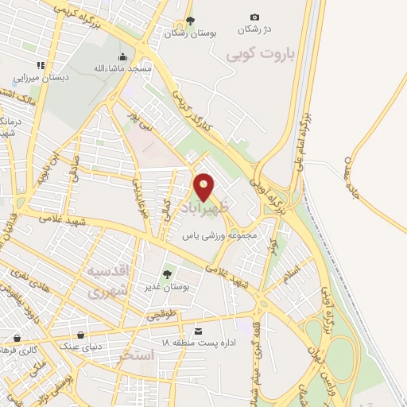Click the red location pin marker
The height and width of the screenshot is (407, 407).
click(204, 186)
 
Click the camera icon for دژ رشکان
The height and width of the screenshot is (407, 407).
click(254, 17)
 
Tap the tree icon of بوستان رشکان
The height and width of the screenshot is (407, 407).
click(189, 21)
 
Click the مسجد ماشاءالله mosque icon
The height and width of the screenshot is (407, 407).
click(122, 56)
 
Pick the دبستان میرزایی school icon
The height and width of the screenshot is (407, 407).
click(39, 66)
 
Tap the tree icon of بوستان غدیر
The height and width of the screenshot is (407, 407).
click(167, 273)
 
